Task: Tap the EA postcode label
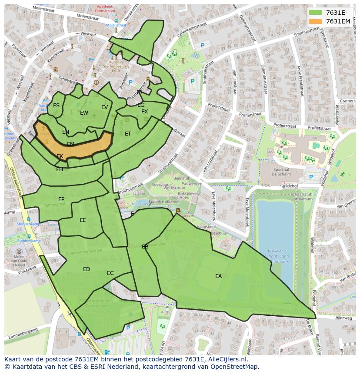pos(218,276)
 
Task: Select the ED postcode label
pos(87,269)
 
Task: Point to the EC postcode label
pos(110,273)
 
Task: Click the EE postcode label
pos(83,220)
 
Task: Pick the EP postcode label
pos(61,199)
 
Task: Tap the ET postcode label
pos(128,134)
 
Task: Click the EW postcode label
pos(84,113)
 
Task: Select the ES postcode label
pos(57,106)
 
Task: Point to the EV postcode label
pos(105,107)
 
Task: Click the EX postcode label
pos(145,112)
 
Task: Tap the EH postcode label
pos(60,169)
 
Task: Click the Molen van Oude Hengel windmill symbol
pos(19,252)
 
